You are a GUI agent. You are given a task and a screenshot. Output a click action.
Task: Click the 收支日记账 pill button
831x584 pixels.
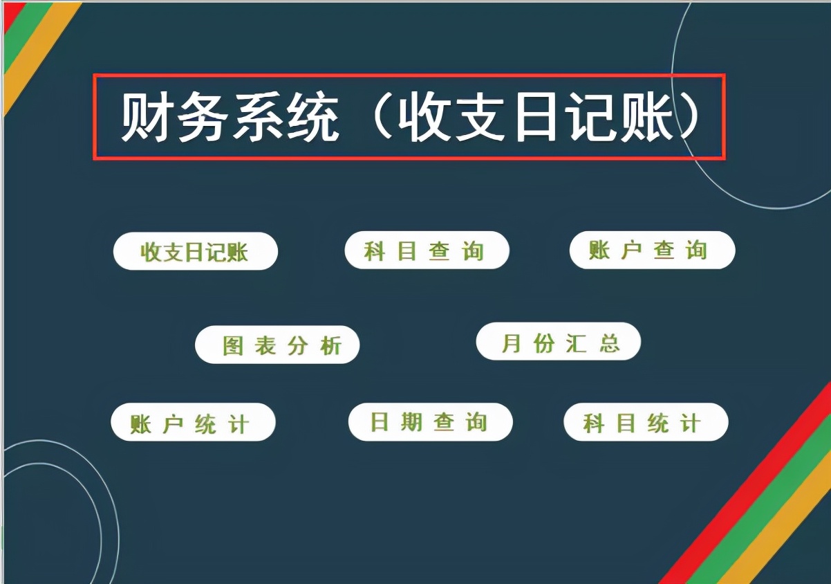coord(195,251)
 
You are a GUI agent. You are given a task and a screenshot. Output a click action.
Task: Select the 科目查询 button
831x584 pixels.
coord(427,250)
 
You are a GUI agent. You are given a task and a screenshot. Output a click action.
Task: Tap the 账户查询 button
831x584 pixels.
coord(652,250)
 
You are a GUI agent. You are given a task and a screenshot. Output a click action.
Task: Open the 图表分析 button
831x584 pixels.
coord(277,345)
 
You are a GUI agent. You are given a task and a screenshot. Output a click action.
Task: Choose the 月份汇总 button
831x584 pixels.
coord(559,342)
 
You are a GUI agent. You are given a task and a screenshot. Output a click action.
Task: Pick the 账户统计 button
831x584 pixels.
coord(193,423)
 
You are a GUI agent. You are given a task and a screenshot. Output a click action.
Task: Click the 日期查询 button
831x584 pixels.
coord(430,422)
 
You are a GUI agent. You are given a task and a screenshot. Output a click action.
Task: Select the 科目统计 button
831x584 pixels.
coord(646,422)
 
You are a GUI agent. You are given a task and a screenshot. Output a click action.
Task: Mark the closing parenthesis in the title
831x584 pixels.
coord(691,118)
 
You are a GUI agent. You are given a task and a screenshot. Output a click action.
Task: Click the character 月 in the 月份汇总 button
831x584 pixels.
coord(511,343)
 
